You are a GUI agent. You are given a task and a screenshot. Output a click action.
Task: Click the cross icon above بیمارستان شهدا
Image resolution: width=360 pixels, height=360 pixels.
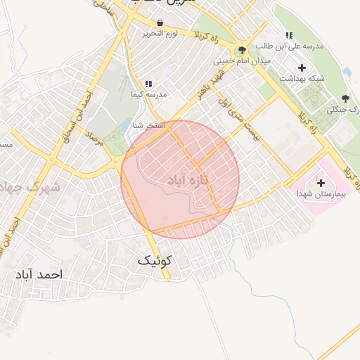coord(321,182)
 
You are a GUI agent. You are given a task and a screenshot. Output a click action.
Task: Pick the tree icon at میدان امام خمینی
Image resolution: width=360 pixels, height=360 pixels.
coord(243,50)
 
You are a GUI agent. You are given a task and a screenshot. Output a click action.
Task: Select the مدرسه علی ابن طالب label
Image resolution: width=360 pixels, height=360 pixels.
coord(288,46)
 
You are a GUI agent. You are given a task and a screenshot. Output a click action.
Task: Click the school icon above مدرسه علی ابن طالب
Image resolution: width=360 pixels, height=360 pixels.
coord(288,35)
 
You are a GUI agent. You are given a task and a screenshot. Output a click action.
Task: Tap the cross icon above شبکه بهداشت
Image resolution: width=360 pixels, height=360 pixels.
coord(302,67)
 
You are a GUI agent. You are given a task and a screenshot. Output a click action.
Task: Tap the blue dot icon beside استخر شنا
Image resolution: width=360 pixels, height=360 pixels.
coord(134,126)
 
